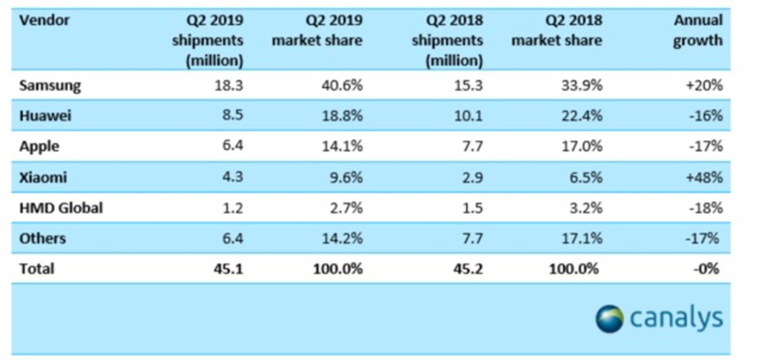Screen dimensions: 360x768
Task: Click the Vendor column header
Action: (x=44, y=21)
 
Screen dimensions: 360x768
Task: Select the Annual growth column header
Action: (x=698, y=31)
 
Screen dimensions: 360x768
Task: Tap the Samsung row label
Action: (x=50, y=86)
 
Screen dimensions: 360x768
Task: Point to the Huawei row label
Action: (x=46, y=116)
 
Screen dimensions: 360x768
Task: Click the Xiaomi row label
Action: (x=43, y=178)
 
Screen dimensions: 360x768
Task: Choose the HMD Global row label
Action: (x=61, y=208)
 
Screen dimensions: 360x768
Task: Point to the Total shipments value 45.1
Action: (x=229, y=269)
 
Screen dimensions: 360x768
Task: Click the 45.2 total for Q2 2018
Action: (x=470, y=269)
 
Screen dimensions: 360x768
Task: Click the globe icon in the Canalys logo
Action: (x=609, y=319)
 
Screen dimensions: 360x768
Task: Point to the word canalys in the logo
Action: (x=676, y=319)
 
